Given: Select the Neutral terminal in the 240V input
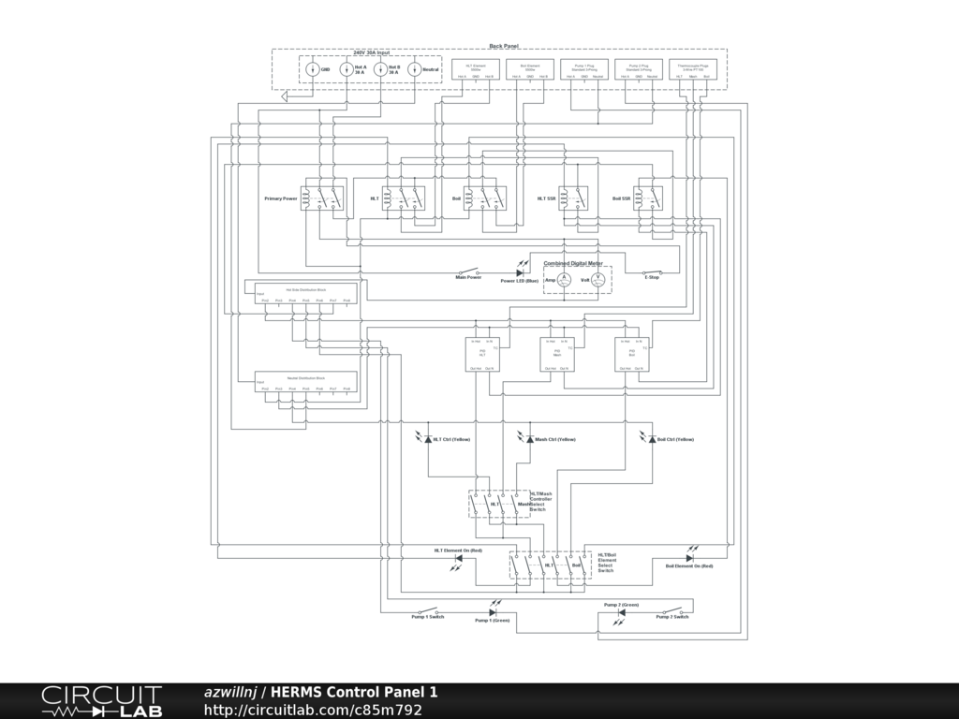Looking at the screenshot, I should point(414,69).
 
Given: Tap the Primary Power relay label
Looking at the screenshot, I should point(281,199).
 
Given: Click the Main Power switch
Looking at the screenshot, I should point(468,271).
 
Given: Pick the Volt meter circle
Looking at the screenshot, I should point(598,280).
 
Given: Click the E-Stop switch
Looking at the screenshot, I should point(652,271).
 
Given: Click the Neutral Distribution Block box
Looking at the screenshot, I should point(305,382).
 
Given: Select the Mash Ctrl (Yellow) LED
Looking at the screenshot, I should point(529,439).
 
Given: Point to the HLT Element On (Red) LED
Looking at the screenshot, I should point(458,558).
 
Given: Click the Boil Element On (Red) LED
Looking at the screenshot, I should point(689,558).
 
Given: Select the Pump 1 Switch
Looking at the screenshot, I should point(428,611).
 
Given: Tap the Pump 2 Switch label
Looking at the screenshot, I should point(673,619).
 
